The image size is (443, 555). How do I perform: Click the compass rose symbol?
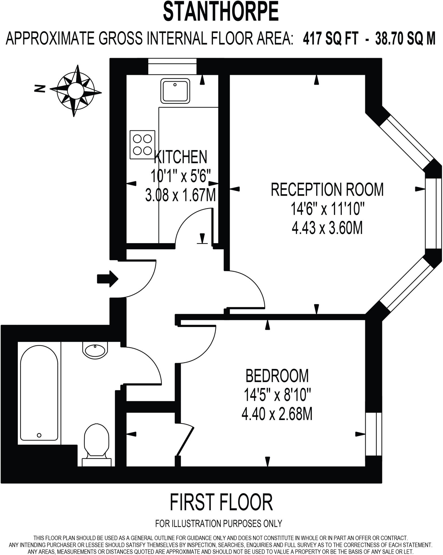pyautogui.click(x=76, y=91)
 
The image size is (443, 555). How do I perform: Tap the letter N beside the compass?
pyautogui.click(x=40, y=88)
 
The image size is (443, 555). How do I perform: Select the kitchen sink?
pyautogui.click(x=175, y=91)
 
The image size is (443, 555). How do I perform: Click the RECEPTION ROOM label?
pyautogui.click(x=327, y=189)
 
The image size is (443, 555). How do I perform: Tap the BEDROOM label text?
pyautogui.click(x=277, y=376)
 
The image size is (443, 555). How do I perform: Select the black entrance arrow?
pyautogui.click(x=107, y=279)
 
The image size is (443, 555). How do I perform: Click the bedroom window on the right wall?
pyautogui.click(x=373, y=434)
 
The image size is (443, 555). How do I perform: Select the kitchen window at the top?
pyautogui.click(x=172, y=66)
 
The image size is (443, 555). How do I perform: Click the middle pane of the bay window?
pyautogui.click(x=433, y=213)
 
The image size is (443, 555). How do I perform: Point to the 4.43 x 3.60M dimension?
pyautogui.click(x=327, y=228)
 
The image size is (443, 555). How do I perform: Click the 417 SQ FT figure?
pyautogui.click(x=331, y=39)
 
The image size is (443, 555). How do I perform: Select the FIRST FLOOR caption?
pyautogui.click(x=221, y=502)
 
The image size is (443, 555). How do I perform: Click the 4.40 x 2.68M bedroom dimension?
pyautogui.click(x=277, y=414)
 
